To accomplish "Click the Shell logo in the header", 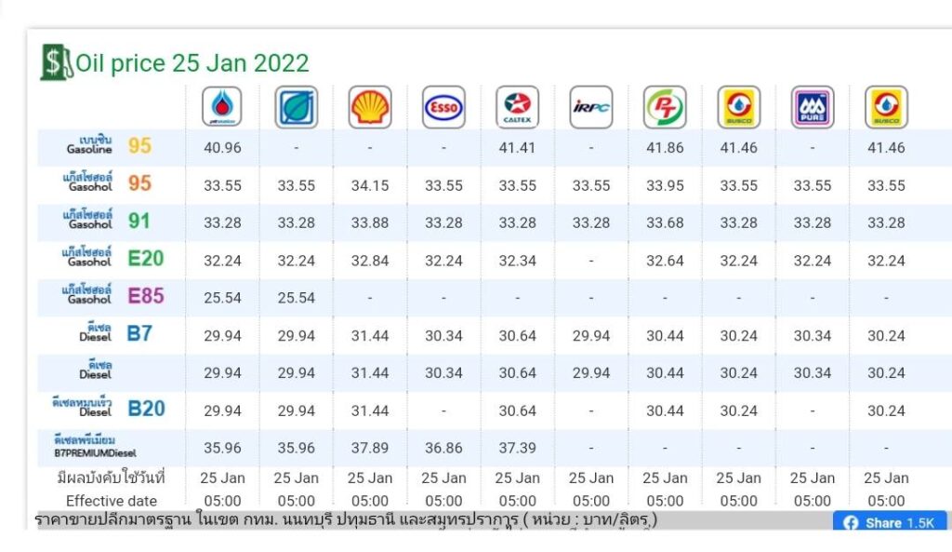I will pos(369,108).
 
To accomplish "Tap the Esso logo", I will pos(443,108).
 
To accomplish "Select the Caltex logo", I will pos(517,108).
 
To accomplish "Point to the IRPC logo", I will pos(591,108).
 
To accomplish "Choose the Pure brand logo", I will pos(813,108).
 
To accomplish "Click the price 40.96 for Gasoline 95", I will pos(222,148).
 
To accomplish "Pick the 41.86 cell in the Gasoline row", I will pos(665,148).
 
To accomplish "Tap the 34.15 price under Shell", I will pos(369,185).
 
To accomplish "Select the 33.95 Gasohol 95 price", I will pos(665,185).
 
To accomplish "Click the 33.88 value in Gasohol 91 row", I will pos(369,222).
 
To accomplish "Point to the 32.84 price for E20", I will pos(369,261).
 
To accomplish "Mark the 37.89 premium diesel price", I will pos(369,448).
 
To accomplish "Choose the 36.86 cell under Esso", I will pos(443,448).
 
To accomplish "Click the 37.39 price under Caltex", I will pos(517,448).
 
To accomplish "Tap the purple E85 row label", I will pos(146,297).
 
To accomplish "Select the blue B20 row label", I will pos(146,409).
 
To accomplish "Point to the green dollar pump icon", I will pos(56,62).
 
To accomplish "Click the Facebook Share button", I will pos(888,523).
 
